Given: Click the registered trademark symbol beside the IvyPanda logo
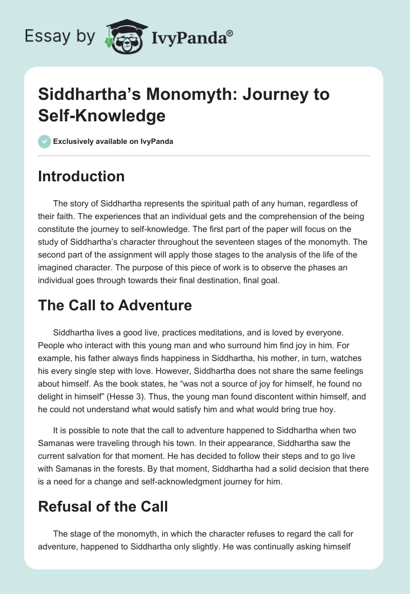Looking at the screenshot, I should tap(230, 33).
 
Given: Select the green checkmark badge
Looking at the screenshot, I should tap(45, 141).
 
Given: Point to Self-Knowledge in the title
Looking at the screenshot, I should tap(102, 116).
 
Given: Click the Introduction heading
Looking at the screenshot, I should tap(81, 176).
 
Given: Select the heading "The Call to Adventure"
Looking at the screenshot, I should tap(115, 305).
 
